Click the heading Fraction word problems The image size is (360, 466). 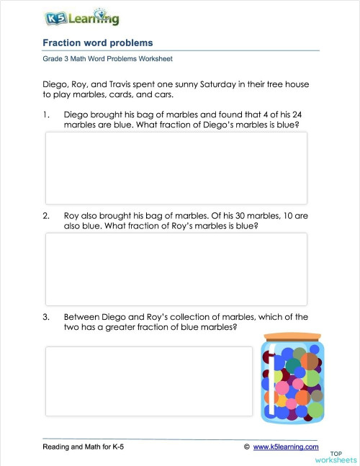98,43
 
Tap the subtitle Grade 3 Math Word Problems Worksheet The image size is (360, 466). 107,59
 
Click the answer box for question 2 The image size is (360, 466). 176,269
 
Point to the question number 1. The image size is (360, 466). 46,114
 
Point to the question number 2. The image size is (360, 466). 46,215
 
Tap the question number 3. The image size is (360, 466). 46,317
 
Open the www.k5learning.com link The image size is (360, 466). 285,447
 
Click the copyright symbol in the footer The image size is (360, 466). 247,447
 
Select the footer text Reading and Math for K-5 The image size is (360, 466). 84,447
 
